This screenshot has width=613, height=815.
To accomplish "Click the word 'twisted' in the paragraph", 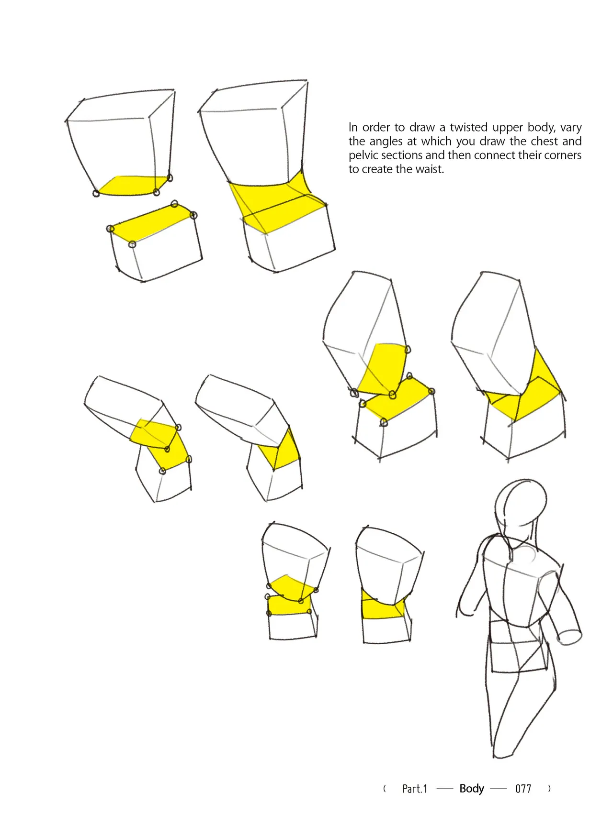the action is (x=468, y=127).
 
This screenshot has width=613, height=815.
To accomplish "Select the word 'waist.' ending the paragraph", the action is (x=430, y=169).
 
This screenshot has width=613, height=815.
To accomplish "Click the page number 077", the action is (x=523, y=789).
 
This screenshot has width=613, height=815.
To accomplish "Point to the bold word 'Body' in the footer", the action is (x=472, y=789).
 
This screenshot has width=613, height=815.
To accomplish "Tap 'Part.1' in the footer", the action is (x=415, y=789).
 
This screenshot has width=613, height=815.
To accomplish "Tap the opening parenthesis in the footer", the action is (x=385, y=789).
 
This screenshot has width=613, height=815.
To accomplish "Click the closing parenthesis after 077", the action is (x=549, y=789).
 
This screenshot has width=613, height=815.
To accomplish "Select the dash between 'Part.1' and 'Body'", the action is (x=445, y=789).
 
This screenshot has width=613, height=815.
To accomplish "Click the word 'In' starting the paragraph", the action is (x=353, y=127).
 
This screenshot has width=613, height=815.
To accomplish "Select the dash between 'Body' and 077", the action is (x=499, y=789).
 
